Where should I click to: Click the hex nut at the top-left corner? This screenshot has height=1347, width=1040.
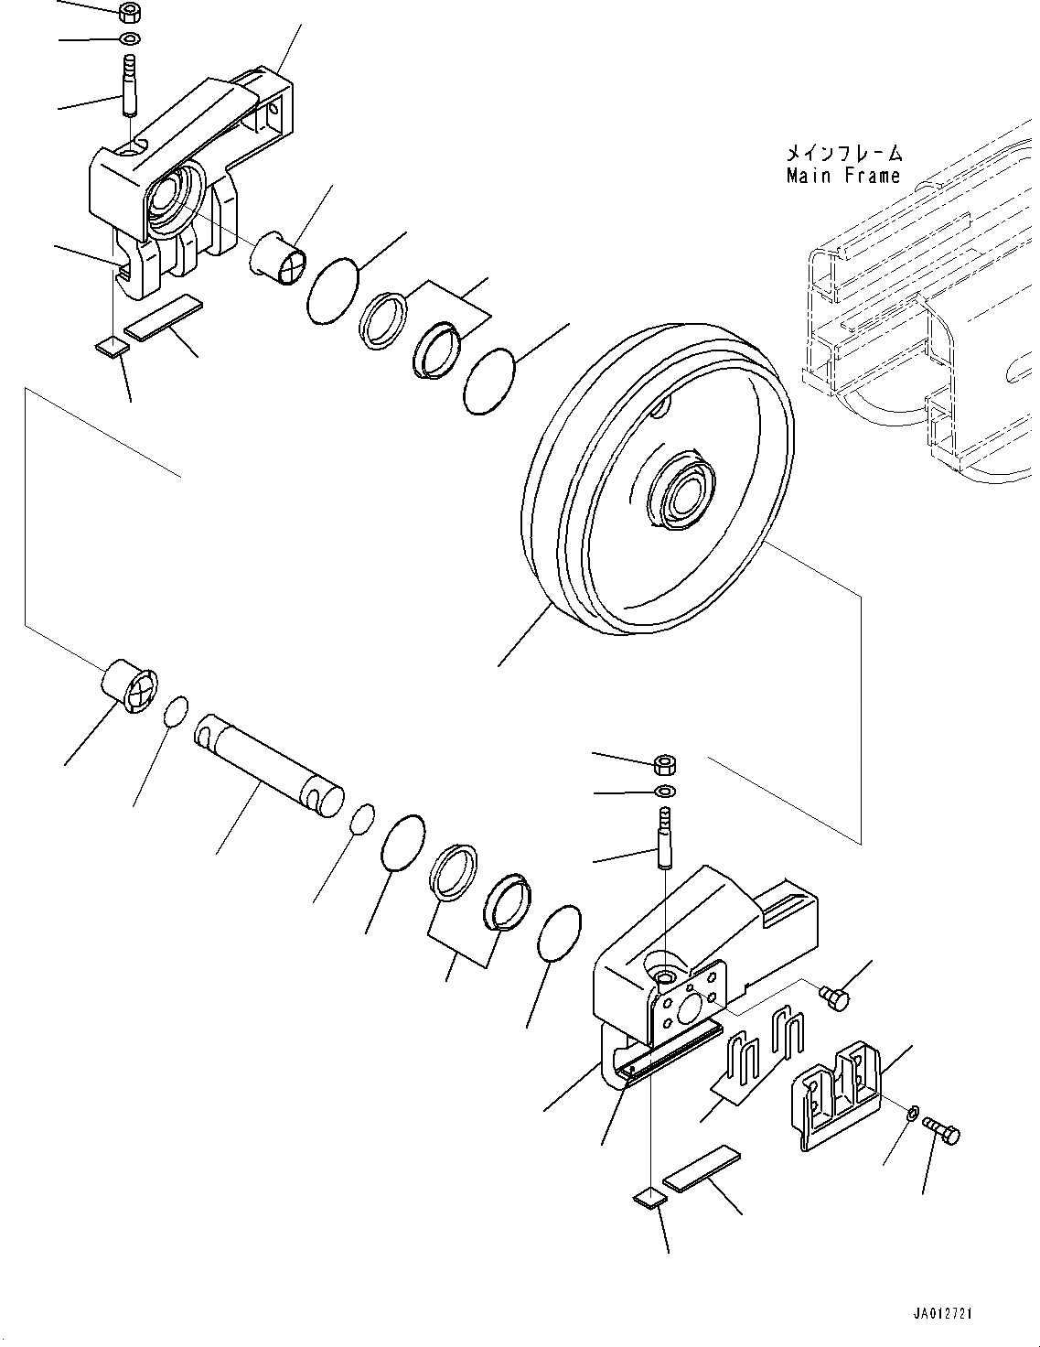tap(130, 14)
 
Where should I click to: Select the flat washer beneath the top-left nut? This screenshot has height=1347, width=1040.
tap(130, 39)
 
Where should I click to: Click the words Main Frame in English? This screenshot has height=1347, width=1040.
tap(843, 176)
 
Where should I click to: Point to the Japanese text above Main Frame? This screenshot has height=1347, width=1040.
tap(843, 153)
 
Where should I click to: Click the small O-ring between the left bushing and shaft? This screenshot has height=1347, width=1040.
tap(177, 711)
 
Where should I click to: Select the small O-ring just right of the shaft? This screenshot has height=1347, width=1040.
tap(363, 818)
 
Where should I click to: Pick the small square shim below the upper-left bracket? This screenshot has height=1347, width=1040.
tap(112, 346)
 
